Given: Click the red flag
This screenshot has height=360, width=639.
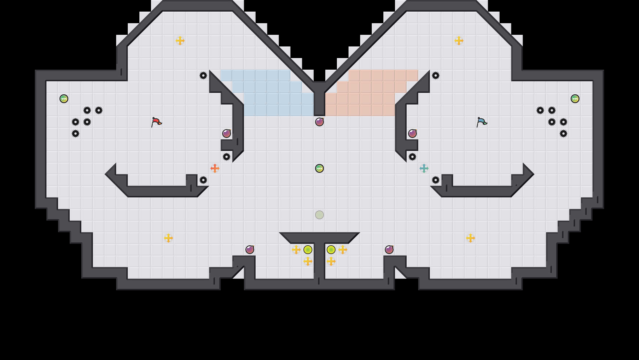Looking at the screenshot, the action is tap(156, 122).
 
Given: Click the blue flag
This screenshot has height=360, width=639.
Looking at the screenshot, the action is tap(482, 122).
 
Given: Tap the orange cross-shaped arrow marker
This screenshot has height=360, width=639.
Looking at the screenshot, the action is tap(215, 168).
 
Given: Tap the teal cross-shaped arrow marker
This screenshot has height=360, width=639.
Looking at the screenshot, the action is tap(424, 168).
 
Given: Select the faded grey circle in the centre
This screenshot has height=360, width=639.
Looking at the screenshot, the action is tap(319, 215).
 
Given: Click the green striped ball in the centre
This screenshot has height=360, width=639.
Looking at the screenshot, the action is tap(319, 168).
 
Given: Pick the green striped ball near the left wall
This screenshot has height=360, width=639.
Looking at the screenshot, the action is tap(64, 99).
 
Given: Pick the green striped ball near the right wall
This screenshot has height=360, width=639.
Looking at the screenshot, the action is tap(575, 99).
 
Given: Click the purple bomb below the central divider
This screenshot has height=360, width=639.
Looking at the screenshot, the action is tap(319, 122).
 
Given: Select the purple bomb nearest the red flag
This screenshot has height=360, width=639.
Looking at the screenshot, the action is tap(227, 134).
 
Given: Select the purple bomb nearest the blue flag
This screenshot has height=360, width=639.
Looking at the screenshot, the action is tap(412, 134).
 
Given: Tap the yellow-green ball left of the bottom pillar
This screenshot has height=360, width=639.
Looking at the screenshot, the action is tap(308, 250).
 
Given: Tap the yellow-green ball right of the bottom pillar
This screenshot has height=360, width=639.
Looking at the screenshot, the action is tap(331, 250).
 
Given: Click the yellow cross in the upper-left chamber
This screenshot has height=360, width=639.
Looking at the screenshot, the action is tap(180, 41).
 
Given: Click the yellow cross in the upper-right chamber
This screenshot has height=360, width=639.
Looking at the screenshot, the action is tap(459, 41).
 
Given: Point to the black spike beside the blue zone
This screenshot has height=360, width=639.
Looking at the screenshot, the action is tap(203, 75).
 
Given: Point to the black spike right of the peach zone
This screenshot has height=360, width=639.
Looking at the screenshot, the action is tap(436, 75).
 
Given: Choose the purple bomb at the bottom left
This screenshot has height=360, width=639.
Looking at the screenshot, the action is tap(250, 250).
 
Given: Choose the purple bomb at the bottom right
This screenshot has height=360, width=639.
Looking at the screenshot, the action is tap(389, 250).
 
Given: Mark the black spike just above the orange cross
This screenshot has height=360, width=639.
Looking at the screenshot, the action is tap(227, 157).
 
